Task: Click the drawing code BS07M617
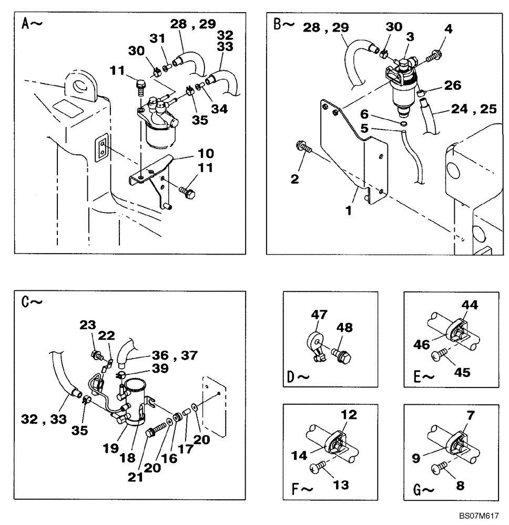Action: click(477, 517)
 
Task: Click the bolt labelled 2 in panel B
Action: click(306, 149)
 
